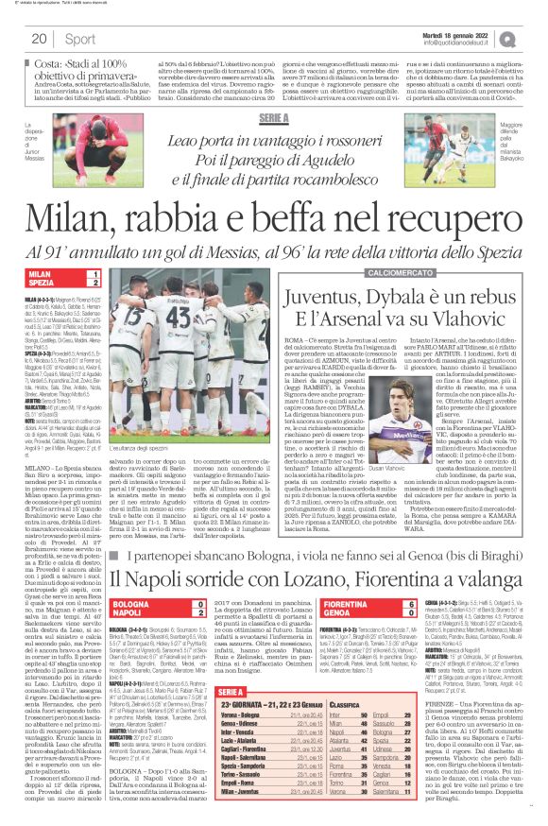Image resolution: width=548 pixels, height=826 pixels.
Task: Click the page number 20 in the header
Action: tap(40, 38)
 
